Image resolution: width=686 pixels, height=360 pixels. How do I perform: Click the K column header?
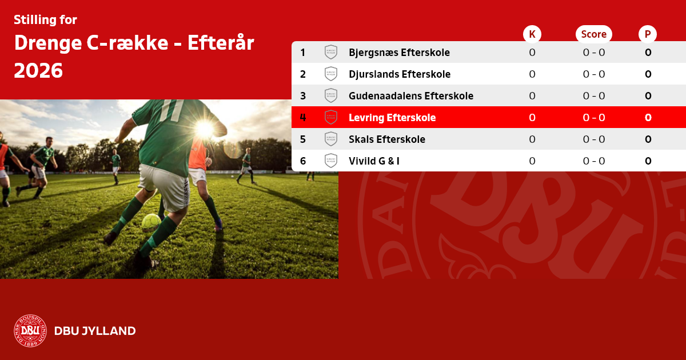(x=532, y=34)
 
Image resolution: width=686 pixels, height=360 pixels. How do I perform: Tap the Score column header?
(x=594, y=34)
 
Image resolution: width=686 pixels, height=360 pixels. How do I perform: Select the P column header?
(x=647, y=34)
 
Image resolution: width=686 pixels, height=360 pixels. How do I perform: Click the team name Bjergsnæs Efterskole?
(x=399, y=53)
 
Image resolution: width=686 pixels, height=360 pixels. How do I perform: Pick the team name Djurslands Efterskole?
(x=400, y=74)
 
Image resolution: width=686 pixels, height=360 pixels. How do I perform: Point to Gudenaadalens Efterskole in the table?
(x=411, y=96)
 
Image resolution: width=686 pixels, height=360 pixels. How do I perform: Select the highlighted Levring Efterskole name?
(x=392, y=118)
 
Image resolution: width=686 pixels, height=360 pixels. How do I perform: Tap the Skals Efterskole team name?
(x=387, y=139)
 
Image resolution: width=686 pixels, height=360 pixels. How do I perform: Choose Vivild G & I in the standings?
(x=374, y=161)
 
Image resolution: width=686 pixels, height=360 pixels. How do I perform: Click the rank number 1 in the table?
(x=302, y=53)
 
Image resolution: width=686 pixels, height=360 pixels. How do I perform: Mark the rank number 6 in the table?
(x=303, y=161)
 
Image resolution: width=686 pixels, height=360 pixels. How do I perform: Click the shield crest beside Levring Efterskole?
(x=331, y=117)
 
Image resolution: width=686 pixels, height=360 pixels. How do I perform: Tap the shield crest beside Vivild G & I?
(x=331, y=161)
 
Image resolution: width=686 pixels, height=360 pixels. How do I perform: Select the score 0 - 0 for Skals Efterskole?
(x=594, y=139)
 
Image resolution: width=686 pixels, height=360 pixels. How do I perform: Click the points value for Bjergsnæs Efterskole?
(x=648, y=53)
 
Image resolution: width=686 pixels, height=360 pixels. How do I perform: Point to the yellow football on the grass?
(x=151, y=223)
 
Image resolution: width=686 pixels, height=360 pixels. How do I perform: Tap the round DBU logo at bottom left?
(x=30, y=331)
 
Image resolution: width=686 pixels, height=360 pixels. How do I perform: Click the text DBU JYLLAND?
(x=95, y=331)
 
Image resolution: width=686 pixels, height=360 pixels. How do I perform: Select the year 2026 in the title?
(x=38, y=71)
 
